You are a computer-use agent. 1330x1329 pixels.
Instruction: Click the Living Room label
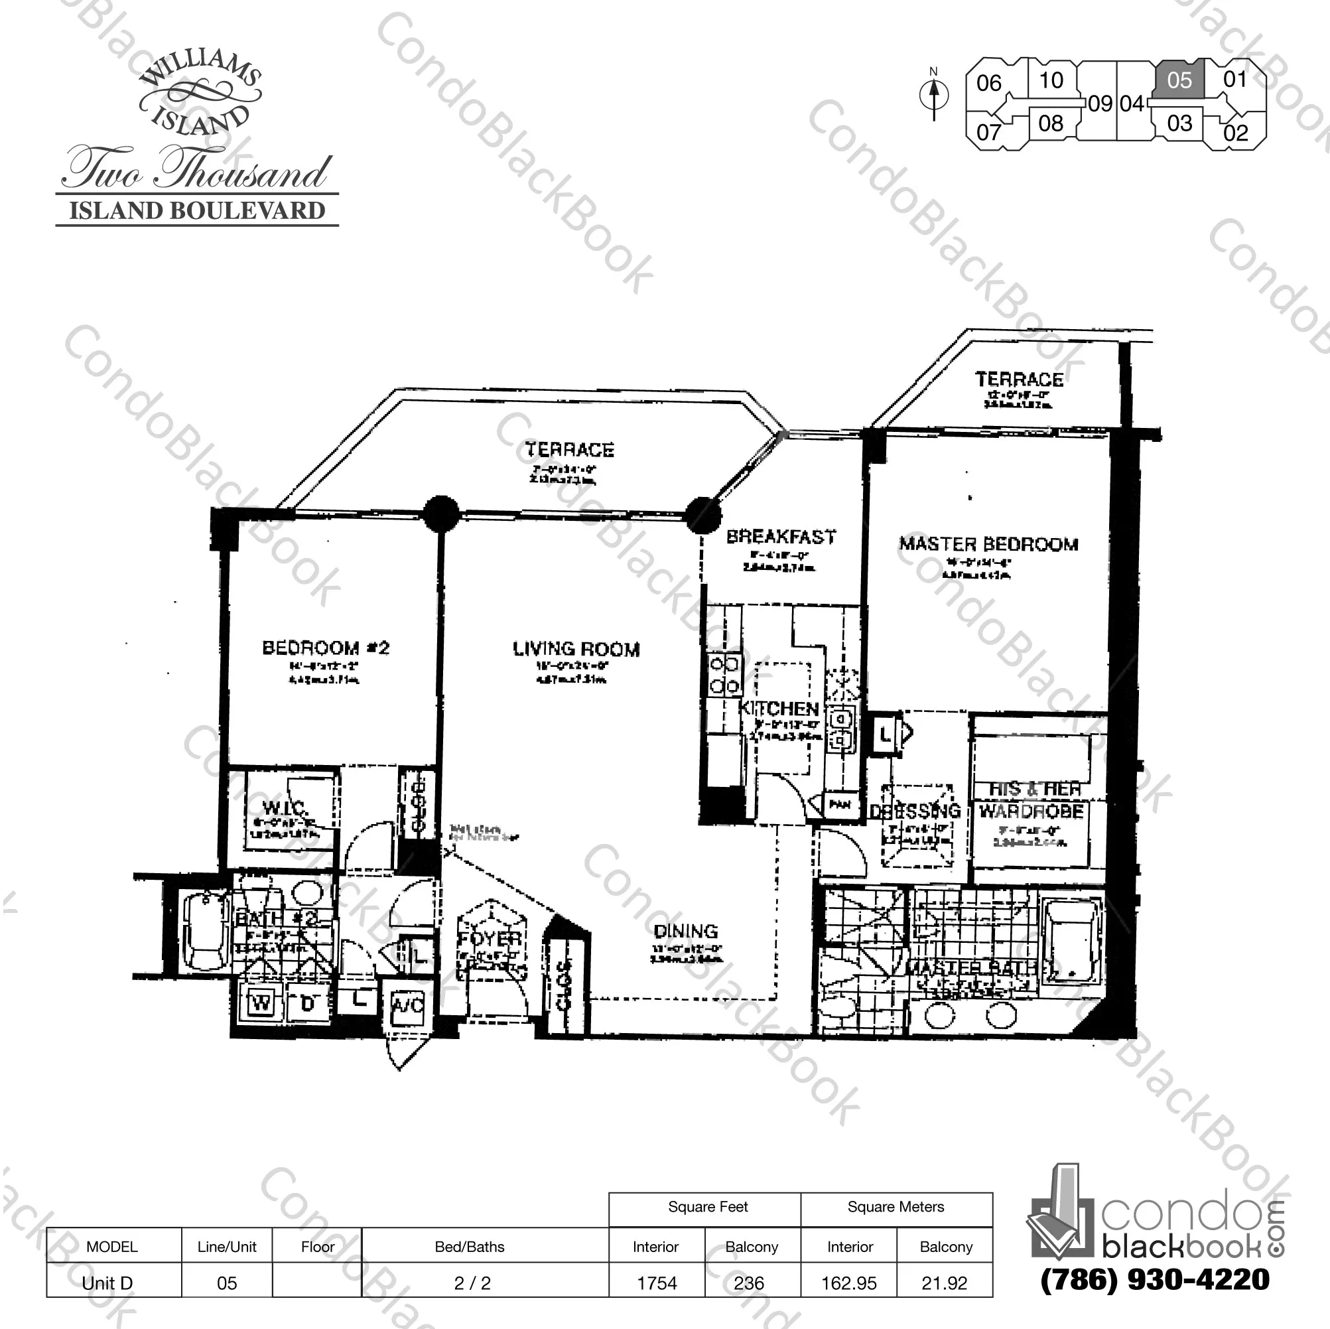(x=576, y=649)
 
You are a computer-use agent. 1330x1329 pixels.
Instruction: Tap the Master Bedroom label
(x=988, y=544)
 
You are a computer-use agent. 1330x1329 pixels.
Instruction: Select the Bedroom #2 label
(x=326, y=648)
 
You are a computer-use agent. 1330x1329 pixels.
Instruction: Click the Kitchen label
(x=779, y=709)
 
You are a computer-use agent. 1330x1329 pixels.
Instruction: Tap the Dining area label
(x=686, y=931)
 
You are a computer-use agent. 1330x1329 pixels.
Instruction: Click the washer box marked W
(x=261, y=1004)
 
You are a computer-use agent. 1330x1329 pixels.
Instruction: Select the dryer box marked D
(x=307, y=1004)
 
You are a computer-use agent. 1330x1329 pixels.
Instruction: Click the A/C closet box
(x=407, y=1006)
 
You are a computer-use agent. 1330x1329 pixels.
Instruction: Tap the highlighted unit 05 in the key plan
(x=1179, y=80)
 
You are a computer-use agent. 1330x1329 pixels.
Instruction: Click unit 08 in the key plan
(x=1051, y=124)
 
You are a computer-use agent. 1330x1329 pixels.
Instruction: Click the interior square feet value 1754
(x=657, y=1283)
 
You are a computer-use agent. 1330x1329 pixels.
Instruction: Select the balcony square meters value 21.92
(x=945, y=1283)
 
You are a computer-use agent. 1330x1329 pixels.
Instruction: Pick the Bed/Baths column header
(x=470, y=1246)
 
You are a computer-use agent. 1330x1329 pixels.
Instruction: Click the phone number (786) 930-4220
(x=1154, y=1279)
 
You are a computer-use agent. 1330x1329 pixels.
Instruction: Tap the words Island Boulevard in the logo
(x=197, y=211)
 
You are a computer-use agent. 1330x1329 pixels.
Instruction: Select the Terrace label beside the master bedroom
(x=1019, y=380)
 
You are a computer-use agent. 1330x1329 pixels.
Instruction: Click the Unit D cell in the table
(x=107, y=1283)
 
